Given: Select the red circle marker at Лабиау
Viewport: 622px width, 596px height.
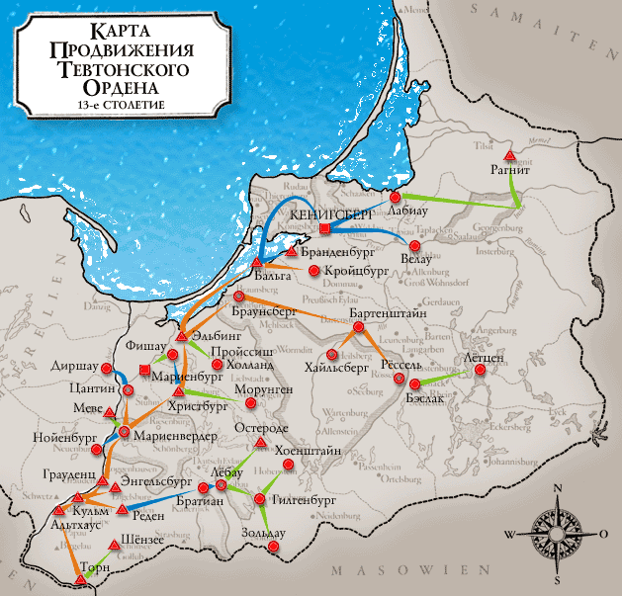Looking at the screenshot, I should point(395,198).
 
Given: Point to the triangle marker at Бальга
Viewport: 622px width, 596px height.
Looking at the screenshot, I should point(257,262).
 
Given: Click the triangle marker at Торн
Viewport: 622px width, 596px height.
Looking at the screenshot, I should point(72,574).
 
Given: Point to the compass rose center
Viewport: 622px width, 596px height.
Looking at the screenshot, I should point(556,534).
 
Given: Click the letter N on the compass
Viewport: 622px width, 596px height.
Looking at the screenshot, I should point(557,490).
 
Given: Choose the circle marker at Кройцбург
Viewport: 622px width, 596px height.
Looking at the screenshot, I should point(313,270).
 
